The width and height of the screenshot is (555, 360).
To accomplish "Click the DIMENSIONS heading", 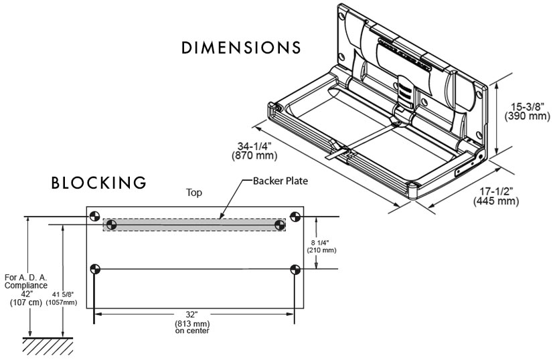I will tap(240, 49).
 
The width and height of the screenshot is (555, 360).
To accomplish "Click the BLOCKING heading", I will tap(98, 183).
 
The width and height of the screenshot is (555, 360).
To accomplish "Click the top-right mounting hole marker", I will tap(294, 215).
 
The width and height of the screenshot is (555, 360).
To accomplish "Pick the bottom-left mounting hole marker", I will tap(94, 269).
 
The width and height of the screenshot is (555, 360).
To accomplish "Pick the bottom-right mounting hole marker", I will tap(294, 269).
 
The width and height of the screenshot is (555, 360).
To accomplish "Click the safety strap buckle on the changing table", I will tap(339, 153).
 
